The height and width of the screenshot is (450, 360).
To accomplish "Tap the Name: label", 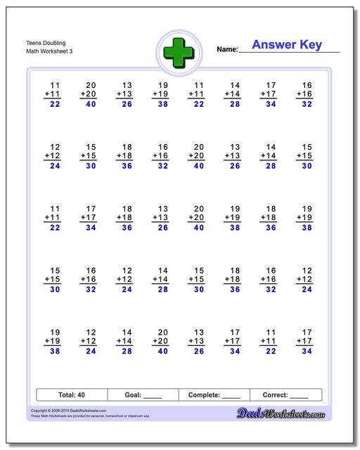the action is [x=227, y=49].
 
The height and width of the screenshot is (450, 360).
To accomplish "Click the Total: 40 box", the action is [x=72, y=394].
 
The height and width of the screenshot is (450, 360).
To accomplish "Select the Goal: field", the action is [x=143, y=394].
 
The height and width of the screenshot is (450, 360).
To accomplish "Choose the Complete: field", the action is [x=214, y=394].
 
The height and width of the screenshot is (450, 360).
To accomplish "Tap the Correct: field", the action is [x=285, y=394].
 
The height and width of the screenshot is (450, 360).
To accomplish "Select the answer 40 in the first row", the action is [x=90, y=104].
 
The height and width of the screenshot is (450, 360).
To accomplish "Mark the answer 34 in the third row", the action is [x=90, y=227].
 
